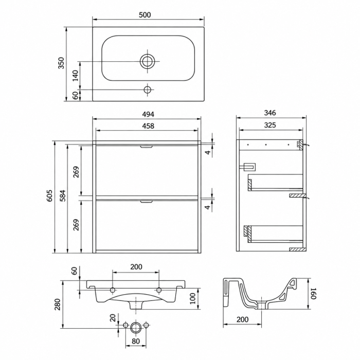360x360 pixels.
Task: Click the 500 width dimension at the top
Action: click(145, 15)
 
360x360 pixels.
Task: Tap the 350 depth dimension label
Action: click(62, 63)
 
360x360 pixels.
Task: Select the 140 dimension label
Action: click(75, 76)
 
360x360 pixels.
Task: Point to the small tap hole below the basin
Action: click(147, 89)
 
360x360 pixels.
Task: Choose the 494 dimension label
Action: click(148, 114)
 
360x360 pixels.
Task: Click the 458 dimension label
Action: click(148, 126)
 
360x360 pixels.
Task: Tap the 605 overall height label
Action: click(49, 195)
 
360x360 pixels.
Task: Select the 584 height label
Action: click(63, 195)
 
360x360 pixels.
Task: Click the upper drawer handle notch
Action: click(147, 147)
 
